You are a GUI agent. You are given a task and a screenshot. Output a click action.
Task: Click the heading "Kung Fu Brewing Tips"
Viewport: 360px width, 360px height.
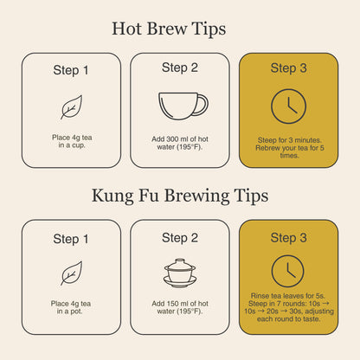click(x=180, y=195)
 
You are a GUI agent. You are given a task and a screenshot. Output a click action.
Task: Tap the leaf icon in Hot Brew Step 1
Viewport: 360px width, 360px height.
click(x=71, y=106)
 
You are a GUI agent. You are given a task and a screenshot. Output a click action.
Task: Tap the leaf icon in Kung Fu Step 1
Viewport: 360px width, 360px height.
click(x=71, y=273)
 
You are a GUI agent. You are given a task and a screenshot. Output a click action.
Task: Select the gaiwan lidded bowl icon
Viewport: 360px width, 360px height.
click(x=180, y=273)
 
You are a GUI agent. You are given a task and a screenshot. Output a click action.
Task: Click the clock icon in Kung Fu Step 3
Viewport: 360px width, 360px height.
click(x=288, y=272)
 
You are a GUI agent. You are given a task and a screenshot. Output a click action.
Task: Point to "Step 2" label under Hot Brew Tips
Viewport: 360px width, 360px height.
click(x=180, y=67)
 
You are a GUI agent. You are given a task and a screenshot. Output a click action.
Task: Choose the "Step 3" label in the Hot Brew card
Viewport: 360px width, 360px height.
click(x=288, y=67)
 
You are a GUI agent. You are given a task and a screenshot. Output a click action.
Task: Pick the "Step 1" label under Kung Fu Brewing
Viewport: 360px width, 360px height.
click(x=71, y=238)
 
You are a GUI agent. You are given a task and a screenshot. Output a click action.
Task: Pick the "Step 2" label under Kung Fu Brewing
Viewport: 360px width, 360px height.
click(x=180, y=237)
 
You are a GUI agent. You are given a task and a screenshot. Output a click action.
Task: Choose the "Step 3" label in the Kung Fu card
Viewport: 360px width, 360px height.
click(x=288, y=237)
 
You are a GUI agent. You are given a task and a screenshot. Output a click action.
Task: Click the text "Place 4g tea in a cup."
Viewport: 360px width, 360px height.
click(x=71, y=140)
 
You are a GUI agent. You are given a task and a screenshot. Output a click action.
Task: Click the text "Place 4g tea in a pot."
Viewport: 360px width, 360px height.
click(x=71, y=307)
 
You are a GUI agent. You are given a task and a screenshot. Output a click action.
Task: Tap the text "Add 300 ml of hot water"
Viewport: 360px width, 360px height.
click(x=180, y=140)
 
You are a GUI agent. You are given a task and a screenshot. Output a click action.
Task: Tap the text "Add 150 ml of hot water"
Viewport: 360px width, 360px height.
click(x=180, y=307)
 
